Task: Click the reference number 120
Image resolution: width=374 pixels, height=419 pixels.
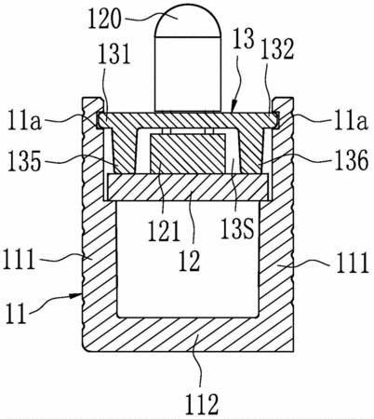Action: point(104,19)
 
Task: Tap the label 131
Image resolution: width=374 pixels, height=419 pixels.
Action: point(114,54)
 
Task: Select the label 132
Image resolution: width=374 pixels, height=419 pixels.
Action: point(277,49)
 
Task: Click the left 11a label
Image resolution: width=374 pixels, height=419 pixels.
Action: point(25,121)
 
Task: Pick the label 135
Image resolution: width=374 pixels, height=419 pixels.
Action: point(24,161)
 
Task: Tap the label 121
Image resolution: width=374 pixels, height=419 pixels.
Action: point(164,231)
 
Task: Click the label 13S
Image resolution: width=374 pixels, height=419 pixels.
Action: point(237,228)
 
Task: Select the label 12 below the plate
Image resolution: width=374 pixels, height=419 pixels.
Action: point(189,261)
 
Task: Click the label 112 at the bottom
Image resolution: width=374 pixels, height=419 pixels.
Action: point(202,403)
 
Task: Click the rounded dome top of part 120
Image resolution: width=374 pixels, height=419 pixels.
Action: point(188,20)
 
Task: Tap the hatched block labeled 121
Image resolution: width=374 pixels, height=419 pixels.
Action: point(187,153)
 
